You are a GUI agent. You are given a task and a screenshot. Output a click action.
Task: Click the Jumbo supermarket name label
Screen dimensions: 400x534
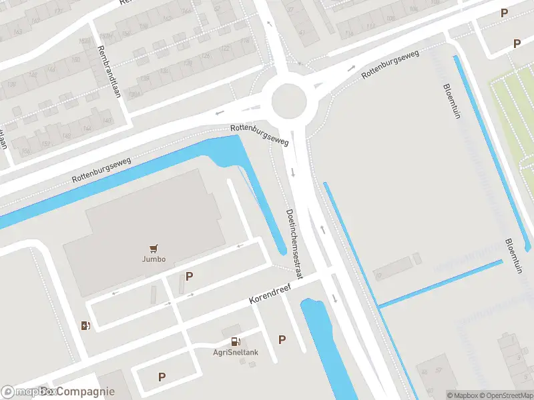point(154,259)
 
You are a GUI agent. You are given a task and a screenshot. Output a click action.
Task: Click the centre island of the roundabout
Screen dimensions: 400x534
point(288,101)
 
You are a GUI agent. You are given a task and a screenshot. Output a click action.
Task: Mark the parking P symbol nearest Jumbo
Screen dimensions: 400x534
point(189,276)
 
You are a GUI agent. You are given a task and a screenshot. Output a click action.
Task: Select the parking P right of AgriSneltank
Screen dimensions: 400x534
point(282,339)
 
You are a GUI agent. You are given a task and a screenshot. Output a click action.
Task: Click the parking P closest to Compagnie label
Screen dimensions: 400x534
point(162,377)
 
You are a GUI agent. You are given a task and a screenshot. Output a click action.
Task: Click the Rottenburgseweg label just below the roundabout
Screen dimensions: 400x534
point(259,134)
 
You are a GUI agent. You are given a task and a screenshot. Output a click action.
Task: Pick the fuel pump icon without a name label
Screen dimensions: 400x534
point(85,325)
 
